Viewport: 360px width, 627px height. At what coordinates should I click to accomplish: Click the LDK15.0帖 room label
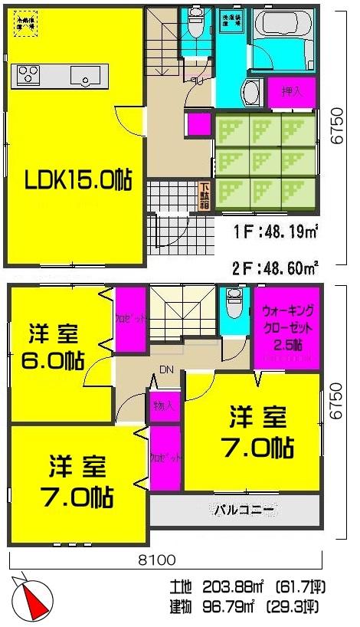coord(77,180)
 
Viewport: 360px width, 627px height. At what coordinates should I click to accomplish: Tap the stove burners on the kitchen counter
coord(28,75)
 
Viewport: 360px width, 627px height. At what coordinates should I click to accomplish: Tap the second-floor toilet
coord(234,308)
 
